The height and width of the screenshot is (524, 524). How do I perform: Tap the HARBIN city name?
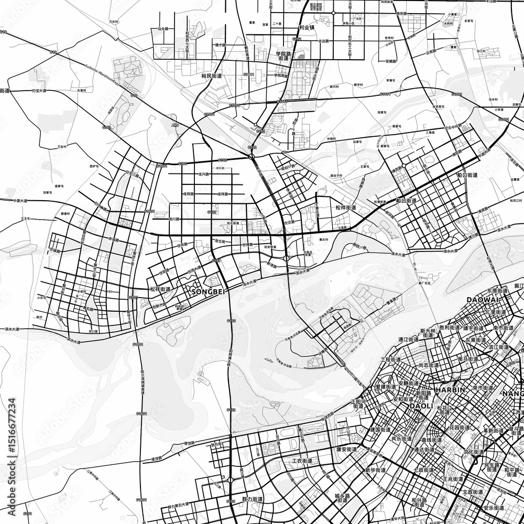click(x=451, y=390)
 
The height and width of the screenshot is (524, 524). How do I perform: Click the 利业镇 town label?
click(x=305, y=27)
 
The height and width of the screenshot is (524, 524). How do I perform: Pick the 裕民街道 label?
click(x=212, y=76)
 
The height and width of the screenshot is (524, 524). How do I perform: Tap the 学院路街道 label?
click(x=283, y=56)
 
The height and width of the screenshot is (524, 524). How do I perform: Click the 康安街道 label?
click(x=346, y=449)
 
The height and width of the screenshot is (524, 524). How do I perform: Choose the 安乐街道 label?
click(x=493, y=507)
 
